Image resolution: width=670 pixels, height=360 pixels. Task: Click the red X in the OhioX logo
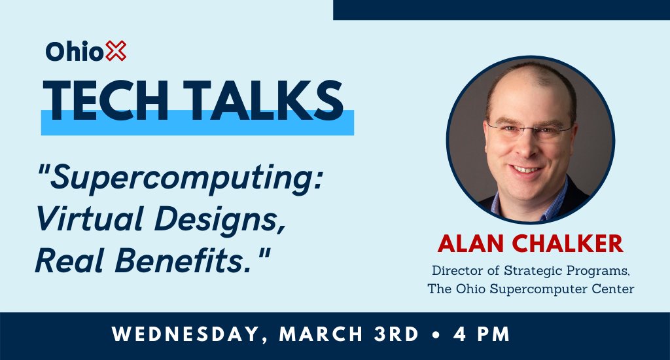click(116, 52)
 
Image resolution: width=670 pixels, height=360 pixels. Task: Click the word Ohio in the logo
click(75, 52)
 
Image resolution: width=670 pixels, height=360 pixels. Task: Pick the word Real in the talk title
click(68, 261)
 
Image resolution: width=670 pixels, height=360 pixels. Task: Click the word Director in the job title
click(455, 270)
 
